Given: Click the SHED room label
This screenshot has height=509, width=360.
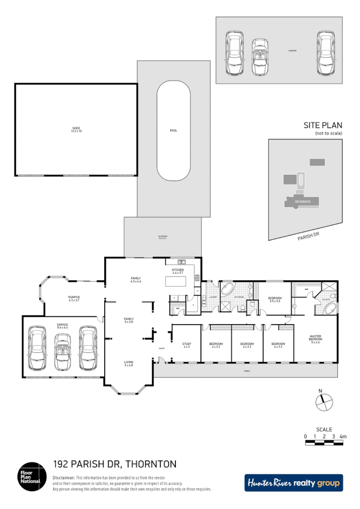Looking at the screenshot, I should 76,129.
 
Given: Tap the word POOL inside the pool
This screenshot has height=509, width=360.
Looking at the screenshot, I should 174,131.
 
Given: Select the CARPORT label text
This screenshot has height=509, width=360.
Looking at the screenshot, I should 292,50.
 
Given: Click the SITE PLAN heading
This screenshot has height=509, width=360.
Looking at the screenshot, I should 323,125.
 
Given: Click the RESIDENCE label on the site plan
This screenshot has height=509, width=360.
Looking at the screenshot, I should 303,202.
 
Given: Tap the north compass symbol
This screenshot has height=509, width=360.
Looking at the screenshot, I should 324,401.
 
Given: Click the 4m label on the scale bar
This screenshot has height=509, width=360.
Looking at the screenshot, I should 343,436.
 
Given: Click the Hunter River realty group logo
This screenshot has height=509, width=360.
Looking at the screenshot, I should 294,483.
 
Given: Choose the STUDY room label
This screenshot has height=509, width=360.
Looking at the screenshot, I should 186,345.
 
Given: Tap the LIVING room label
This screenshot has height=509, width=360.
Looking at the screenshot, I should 129,363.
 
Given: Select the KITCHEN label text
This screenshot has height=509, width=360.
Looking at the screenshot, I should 178,271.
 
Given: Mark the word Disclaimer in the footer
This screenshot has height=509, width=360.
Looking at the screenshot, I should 63,478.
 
